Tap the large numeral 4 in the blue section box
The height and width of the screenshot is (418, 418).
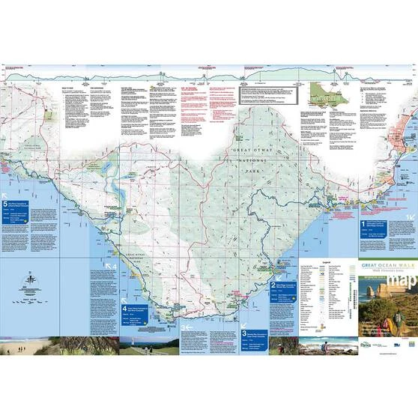[124, 308]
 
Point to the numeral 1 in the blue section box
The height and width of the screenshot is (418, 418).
[364, 223]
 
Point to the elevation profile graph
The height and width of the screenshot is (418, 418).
[209, 73]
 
